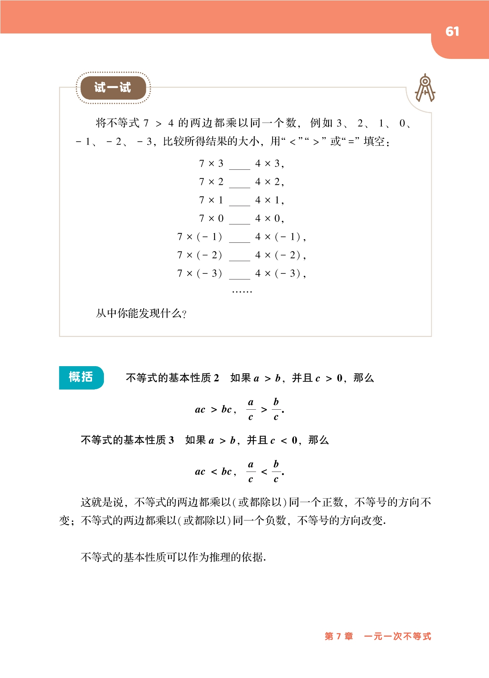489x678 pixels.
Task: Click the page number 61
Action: tap(452, 32)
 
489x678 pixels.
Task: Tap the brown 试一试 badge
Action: tap(113, 87)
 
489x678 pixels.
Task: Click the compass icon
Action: tap(425, 88)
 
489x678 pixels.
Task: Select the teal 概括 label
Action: tap(81, 377)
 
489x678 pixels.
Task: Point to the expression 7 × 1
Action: tap(211, 200)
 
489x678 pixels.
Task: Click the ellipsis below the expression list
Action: tap(242, 291)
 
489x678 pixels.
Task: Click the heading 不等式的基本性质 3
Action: tap(127, 440)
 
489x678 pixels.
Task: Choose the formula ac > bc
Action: tap(215, 410)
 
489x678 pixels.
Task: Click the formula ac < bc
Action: tap(215, 472)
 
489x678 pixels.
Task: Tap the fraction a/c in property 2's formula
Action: tap(251, 409)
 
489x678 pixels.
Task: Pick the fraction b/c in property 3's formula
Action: tap(276, 472)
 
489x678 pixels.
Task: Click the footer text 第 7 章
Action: tap(339, 636)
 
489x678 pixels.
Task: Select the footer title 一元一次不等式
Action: tap(397, 636)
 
